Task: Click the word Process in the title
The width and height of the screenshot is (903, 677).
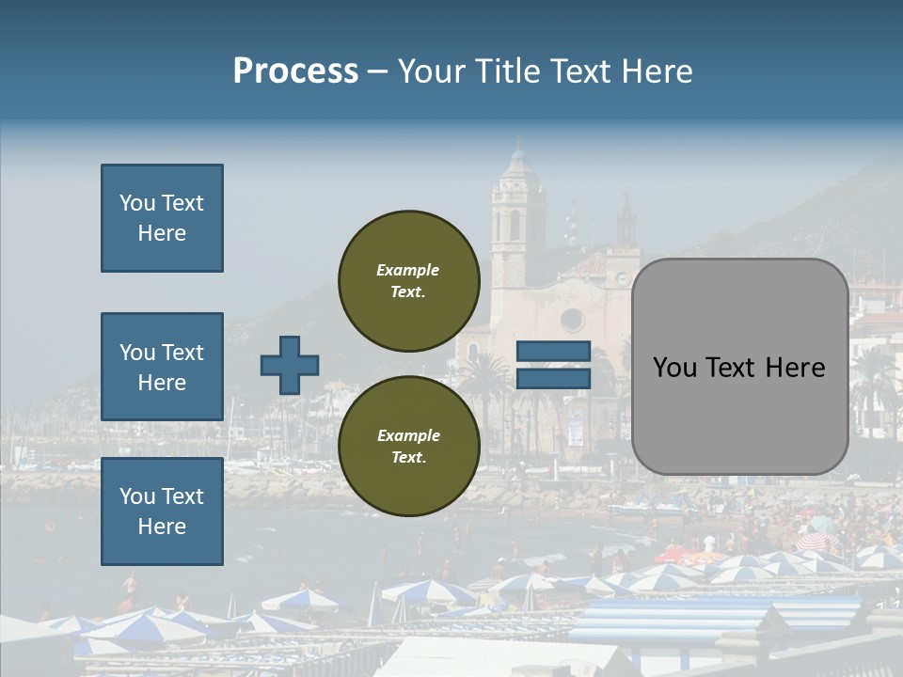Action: pyautogui.click(x=295, y=71)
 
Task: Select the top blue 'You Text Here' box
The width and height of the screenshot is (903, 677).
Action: pyautogui.click(x=162, y=218)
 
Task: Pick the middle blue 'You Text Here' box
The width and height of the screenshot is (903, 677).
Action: pyautogui.click(x=162, y=367)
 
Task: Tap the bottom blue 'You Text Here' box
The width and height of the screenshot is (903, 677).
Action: pyautogui.click(x=162, y=511)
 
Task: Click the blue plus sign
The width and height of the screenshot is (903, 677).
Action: pyautogui.click(x=290, y=365)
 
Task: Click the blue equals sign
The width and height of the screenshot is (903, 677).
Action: pyautogui.click(x=554, y=365)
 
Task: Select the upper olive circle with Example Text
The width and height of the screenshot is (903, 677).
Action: pyautogui.click(x=408, y=281)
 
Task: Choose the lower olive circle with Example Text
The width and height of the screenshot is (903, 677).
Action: pyautogui.click(x=408, y=447)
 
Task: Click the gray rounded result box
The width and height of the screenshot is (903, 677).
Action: pyautogui.click(x=739, y=367)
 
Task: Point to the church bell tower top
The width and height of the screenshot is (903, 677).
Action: pyautogui.click(x=516, y=155)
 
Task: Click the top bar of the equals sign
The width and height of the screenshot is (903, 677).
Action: pyautogui.click(x=554, y=352)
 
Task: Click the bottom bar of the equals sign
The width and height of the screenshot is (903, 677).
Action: pyautogui.click(x=554, y=378)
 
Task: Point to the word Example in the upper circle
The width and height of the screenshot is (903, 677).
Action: pyautogui.click(x=407, y=270)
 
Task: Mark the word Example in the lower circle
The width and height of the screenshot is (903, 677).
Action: pyautogui.click(x=408, y=435)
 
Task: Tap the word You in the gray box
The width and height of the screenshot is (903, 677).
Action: pyautogui.click(x=675, y=367)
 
